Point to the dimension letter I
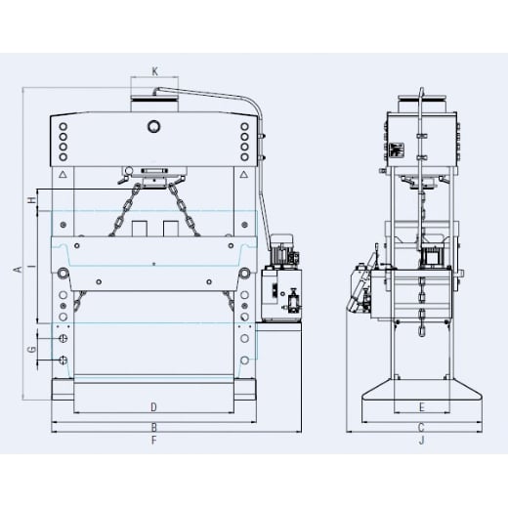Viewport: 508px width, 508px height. tap(32, 267)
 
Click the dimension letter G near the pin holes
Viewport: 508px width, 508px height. tap(32, 349)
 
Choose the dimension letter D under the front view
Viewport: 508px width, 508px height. tap(153, 405)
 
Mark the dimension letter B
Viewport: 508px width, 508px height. tap(153, 427)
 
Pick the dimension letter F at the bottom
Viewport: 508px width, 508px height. tap(153, 442)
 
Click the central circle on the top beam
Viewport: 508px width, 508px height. tap(153, 125)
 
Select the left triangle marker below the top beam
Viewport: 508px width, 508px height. tap(63, 176)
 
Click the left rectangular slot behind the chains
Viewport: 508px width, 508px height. tap(139, 228)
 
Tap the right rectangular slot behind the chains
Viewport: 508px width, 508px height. tap(171, 228)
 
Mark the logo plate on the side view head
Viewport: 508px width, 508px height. tap(396, 151)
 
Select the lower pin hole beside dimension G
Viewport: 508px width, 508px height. tap(63, 360)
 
